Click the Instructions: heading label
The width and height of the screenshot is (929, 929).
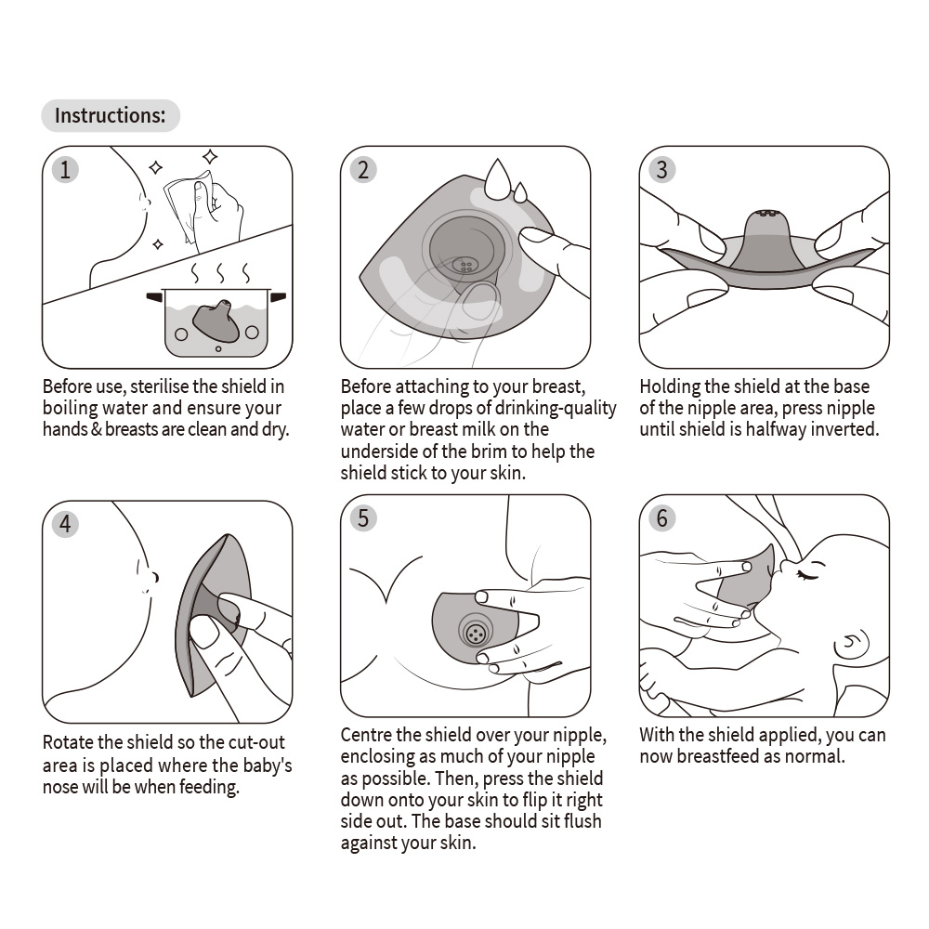tap(110, 116)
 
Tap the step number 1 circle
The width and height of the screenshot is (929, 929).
tap(64, 169)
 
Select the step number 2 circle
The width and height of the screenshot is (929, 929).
tap(363, 169)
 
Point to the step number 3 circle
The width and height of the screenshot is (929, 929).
tap(661, 169)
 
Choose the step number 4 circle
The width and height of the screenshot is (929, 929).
tap(64, 524)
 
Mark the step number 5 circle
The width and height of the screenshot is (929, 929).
tap(363, 517)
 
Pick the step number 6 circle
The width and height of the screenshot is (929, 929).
tap(661, 517)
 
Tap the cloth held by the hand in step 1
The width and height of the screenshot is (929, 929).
tap(185, 206)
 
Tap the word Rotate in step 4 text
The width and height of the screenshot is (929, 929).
tap(68, 742)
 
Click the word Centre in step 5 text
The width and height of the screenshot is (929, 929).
tap(367, 735)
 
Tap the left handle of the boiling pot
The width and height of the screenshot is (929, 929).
tap(154, 297)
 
